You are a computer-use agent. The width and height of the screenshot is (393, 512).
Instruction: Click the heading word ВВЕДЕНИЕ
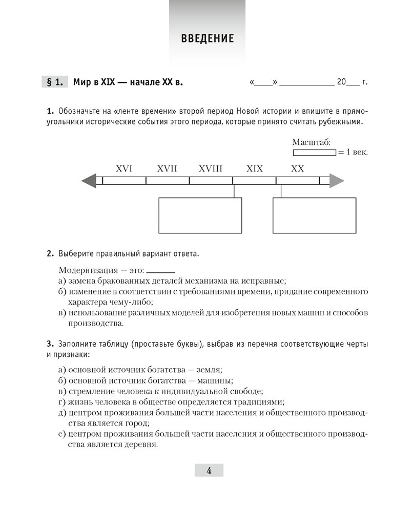click(x=207, y=38)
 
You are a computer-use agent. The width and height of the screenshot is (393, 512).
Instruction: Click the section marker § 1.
click(x=54, y=82)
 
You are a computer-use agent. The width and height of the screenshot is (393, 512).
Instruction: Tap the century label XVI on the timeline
click(x=124, y=168)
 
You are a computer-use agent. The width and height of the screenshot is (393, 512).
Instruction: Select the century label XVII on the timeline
click(x=167, y=168)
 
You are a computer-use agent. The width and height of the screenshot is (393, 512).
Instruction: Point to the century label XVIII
click(x=211, y=168)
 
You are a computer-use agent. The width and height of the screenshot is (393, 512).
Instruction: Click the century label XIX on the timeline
click(x=254, y=168)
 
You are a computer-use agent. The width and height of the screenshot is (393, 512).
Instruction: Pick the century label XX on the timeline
click(x=297, y=168)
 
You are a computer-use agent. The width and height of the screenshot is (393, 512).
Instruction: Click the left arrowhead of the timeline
click(x=89, y=181)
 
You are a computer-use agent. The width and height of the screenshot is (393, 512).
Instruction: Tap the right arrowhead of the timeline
click(x=337, y=181)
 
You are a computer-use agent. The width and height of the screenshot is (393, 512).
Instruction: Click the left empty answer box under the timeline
click(x=200, y=216)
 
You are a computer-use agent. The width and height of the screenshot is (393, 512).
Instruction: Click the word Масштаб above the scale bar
click(x=311, y=142)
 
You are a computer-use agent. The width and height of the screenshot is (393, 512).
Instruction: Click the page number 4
click(x=209, y=471)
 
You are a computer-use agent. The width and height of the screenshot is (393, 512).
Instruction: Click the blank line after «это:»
click(x=161, y=271)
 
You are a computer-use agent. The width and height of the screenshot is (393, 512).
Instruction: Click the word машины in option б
click(x=217, y=380)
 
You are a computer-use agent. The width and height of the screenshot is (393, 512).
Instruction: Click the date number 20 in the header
click(x=342, y=82)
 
